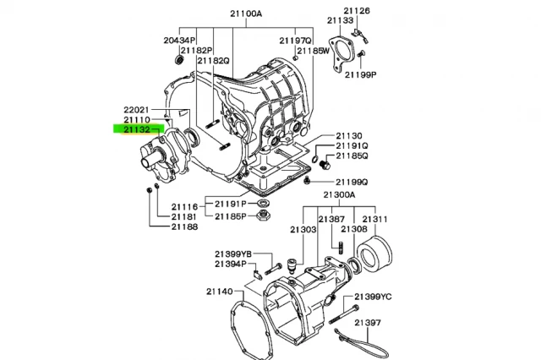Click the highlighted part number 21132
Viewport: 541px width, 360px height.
pos(137,129)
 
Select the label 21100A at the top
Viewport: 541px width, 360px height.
pos(246,14)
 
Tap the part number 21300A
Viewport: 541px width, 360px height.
pos(339,195)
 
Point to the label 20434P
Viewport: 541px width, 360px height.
pos(179,41)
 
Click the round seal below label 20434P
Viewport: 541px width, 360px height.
pos(179,59)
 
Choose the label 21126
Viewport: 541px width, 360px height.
pos(357,11)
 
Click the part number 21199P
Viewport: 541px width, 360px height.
pos(361,74)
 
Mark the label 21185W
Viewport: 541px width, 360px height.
pos(314,51)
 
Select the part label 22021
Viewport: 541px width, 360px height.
pos(137,110)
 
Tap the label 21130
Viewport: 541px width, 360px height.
pos(349,136)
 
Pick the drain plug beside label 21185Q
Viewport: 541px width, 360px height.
pos(325,165)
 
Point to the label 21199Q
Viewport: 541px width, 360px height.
pos(352,182)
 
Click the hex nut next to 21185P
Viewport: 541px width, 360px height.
pos(264,215)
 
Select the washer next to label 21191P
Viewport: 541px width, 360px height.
pos(264,203)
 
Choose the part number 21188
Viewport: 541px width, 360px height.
pos(185,226)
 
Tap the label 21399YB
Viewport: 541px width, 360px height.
pos(233,254)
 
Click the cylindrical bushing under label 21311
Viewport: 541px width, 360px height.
pos(374,253)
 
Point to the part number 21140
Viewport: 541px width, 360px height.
pos(220,292)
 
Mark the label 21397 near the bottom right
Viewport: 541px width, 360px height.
pos(369,323)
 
